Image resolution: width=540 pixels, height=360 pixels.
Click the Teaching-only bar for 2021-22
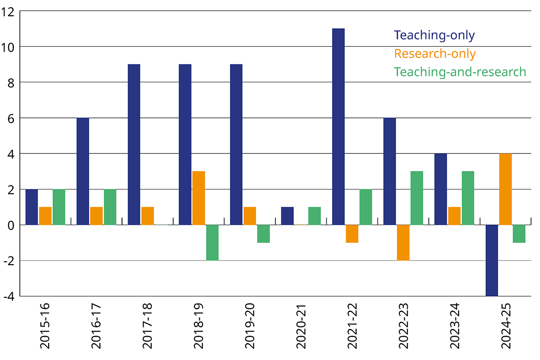point(338,126)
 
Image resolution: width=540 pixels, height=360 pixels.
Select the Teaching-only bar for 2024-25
point(492,261)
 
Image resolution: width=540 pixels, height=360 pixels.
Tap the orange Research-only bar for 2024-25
point(505,189)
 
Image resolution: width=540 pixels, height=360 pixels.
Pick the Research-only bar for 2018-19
point(198,198)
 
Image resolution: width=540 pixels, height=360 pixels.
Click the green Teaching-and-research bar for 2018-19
point(212,243)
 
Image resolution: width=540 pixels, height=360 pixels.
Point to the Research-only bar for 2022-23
point(403,243)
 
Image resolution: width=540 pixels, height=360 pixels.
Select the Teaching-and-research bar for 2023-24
point(468,198)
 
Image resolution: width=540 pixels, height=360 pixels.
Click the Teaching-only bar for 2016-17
point(83,171)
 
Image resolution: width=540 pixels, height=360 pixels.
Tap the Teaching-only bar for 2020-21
point(287,216)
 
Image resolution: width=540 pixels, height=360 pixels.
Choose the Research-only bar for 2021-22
point(352,234)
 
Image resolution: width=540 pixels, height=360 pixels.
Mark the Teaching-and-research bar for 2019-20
point(263,234)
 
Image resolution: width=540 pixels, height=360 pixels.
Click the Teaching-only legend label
point(434,35)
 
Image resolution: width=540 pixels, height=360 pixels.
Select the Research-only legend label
point(435,54)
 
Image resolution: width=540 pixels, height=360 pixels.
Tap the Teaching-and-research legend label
point(460,72)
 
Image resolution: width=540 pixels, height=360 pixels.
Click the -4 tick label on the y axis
point(9,297)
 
